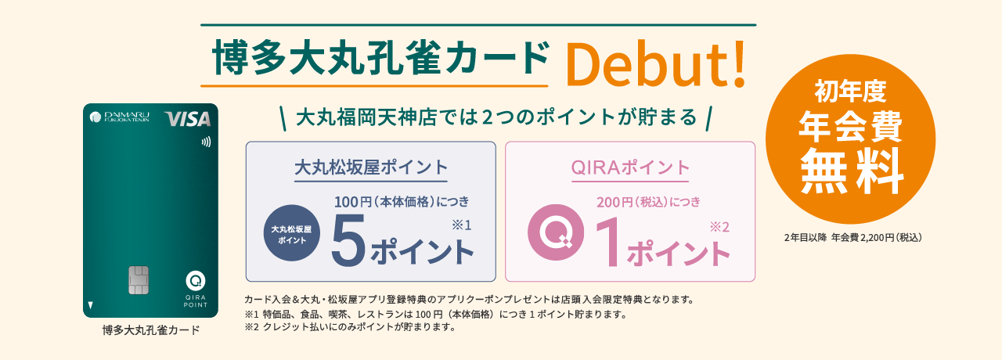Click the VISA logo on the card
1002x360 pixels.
[x=188, y=119]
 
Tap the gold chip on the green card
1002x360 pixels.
[x=139, y=280]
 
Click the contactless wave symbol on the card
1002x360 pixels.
[x=206, y=142]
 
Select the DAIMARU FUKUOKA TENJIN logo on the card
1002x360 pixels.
[x=120, y=117]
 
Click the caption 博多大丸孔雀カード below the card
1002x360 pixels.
[x=151, y=330]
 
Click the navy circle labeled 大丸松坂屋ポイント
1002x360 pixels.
[x=292, y=233]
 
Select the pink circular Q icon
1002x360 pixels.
[x=556, y=232]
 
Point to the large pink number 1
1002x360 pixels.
[x=608, y=243]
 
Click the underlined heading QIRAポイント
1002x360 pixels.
[x=630, y=167]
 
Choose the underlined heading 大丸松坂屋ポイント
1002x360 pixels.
[x=371, y=167]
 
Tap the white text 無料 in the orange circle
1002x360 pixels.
[x=851, y=171]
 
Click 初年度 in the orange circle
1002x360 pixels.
[x=850, y=92]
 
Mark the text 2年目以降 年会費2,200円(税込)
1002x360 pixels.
[x=853, y=237]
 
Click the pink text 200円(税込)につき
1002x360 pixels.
[x=648, y=202]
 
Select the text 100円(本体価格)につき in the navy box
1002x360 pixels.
[x=402, y=202]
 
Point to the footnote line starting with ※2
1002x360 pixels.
[x=350, y=327]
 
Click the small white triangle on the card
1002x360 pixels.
[x=90, y=305]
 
